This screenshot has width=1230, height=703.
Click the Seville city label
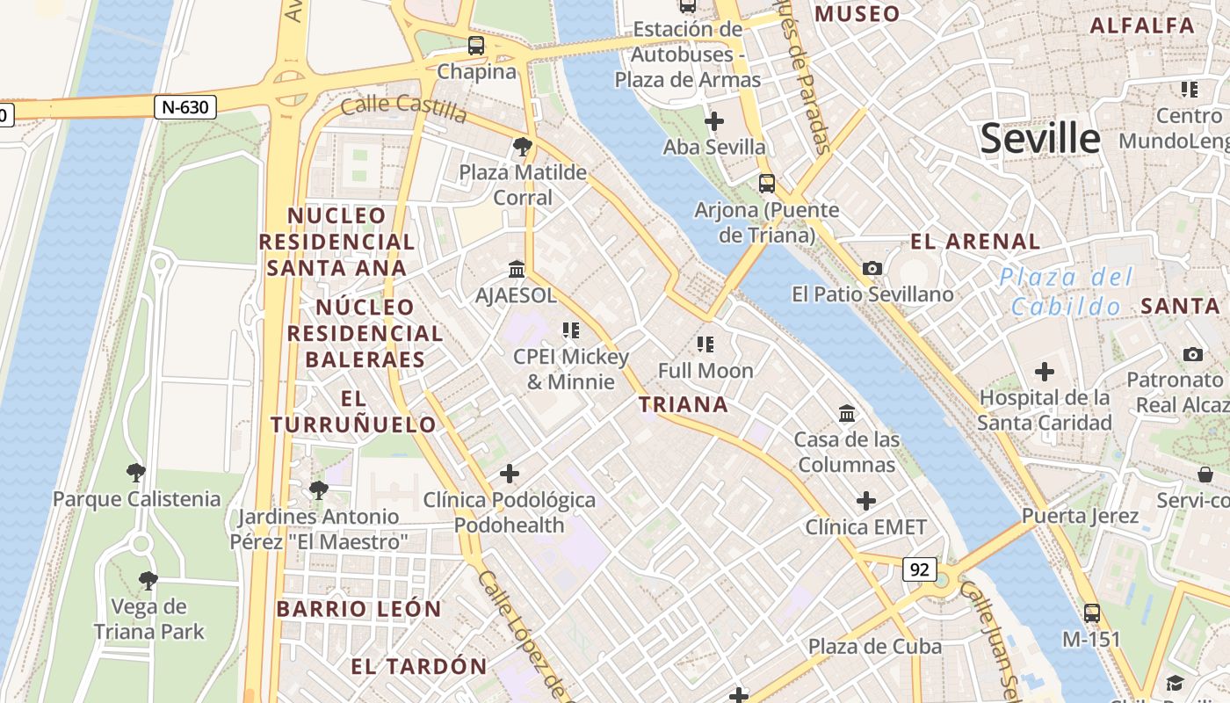click(1039, 139)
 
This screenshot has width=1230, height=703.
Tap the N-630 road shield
click(184, 107)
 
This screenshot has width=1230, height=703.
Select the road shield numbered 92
click(919, 569)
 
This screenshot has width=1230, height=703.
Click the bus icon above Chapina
click(476, 45)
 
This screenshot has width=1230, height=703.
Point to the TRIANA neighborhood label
click(684, 404)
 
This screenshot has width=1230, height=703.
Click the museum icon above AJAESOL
click(517, 269)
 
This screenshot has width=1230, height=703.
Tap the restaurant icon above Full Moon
click(705, 344)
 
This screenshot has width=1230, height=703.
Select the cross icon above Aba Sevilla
click(714, 120)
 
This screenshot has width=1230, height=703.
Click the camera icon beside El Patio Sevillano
click(872, 268)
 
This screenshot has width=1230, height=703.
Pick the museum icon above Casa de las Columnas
click(847, 413)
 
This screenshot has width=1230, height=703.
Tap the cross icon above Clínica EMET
click(866, 501)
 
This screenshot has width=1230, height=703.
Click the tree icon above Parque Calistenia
click(135, 473)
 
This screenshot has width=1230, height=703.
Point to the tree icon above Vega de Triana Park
click(148, 580)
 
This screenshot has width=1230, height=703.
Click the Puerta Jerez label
click(1080, 516)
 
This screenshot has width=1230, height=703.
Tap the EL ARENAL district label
click(975, 242)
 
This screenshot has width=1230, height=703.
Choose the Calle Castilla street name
click(403, 109)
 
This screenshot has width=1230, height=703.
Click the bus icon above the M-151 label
click(1092, 612)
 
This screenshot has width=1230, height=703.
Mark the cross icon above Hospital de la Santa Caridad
click(1045, 372)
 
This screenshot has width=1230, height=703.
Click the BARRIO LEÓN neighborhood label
click(358, 609)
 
